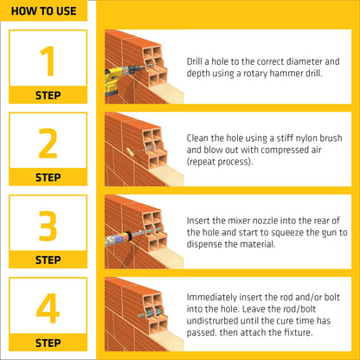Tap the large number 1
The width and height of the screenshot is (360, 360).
pos(48,61)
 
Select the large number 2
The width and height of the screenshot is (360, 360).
pos(48,144)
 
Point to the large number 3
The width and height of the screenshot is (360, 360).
pos(48,226)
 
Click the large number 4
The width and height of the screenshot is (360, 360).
pos(48,308)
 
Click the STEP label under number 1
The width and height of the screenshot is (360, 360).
pos(48,95)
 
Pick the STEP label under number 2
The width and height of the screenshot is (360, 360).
pos(48,177)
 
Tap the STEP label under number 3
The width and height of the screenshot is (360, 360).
pos(48,260)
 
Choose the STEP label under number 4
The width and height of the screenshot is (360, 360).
pos(48,342)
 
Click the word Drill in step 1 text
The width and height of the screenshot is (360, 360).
pos(196,62)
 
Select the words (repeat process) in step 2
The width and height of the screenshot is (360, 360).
pos(220,162)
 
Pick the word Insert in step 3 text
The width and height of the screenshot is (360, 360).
pos(200,220)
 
